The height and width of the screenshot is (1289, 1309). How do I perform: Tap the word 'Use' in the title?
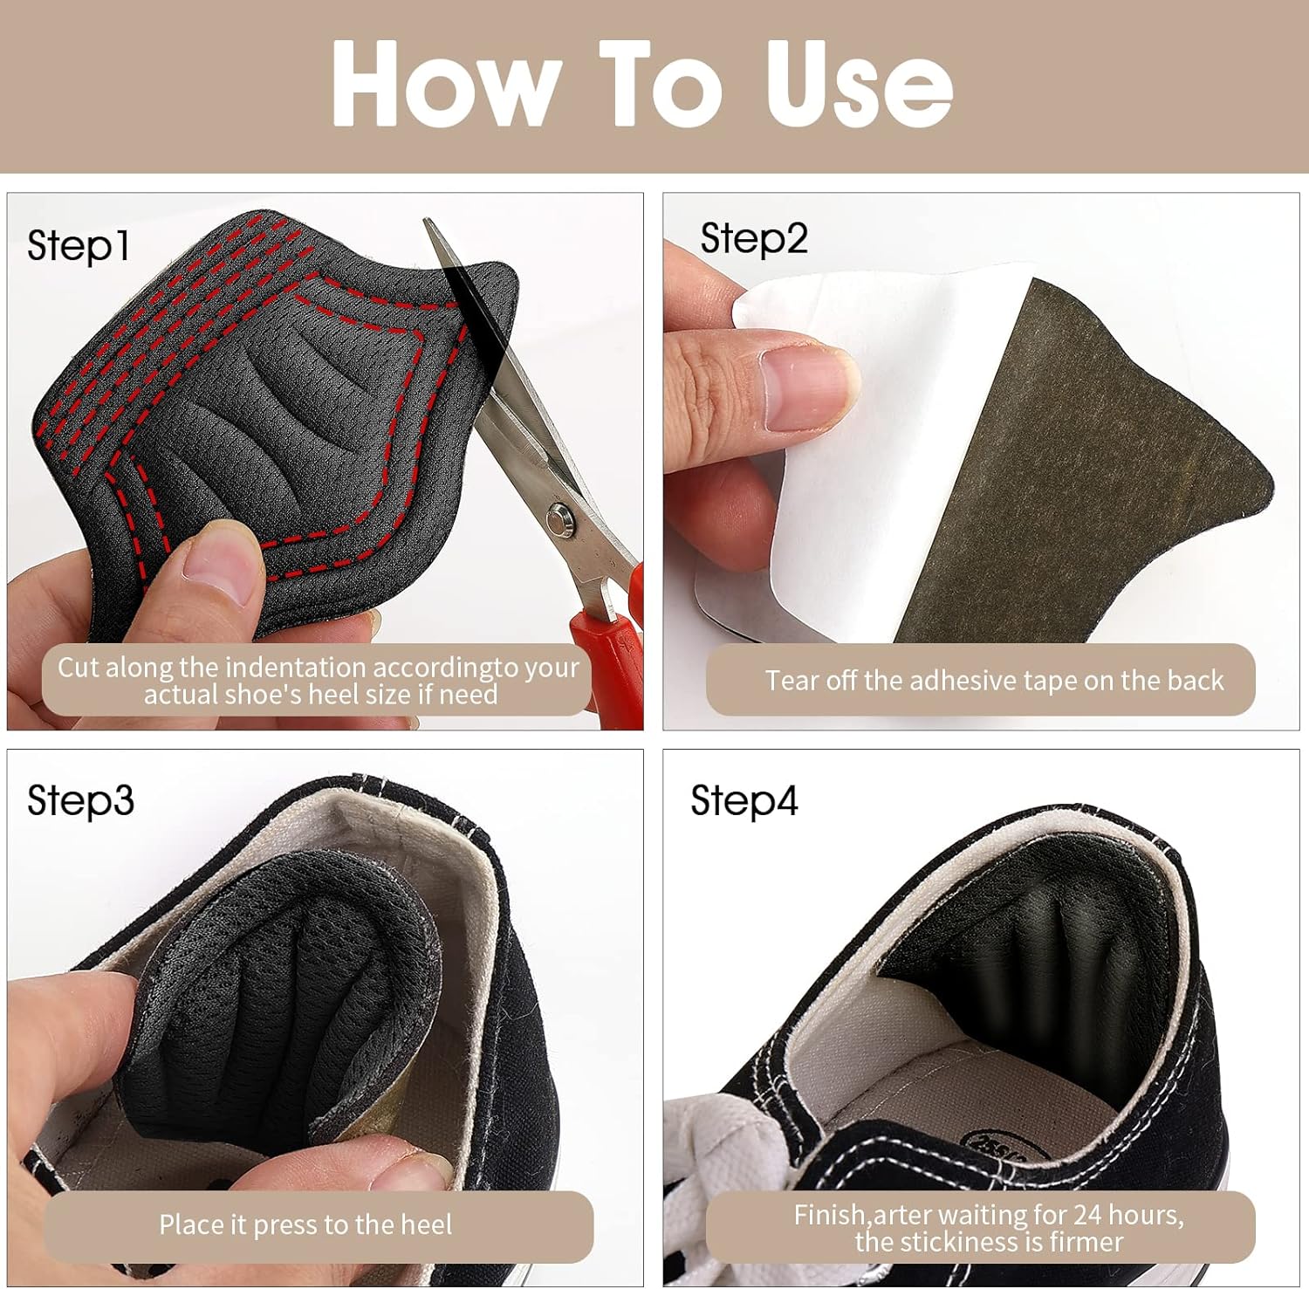(859, 84)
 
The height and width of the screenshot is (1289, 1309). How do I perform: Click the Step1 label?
(79, 245)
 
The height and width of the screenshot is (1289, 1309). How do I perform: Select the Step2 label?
(754, 239)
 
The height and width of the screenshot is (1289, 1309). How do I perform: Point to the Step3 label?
(80, 800)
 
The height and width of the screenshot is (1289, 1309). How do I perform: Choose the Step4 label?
(744, 800)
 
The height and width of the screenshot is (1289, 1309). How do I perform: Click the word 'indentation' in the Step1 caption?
(274, 668)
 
